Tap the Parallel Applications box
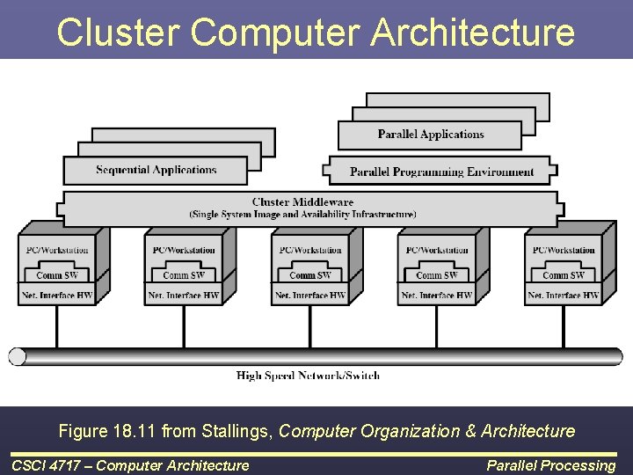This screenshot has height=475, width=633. point(431,135)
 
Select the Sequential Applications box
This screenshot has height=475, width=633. point(156,170)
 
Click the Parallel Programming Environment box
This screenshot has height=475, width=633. point(441,172)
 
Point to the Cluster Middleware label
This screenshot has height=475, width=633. point(302,201)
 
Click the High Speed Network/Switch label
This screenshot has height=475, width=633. point(308,376)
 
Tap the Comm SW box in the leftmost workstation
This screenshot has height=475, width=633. point(57,275)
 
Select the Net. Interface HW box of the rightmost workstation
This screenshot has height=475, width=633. point(564,296)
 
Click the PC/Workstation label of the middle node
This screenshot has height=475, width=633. point(310,250)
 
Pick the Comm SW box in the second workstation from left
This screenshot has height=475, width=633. point(184,275)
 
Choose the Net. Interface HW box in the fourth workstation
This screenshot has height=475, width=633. point(437,296)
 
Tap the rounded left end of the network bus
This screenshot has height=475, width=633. point(18,356)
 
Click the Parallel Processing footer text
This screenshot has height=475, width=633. point(551,465)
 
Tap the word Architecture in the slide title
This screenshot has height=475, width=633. point(473,32)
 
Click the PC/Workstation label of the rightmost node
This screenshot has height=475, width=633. point(564,250)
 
